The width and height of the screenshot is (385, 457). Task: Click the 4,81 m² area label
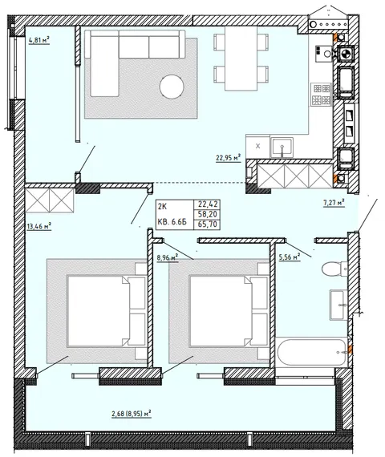click(38, 40)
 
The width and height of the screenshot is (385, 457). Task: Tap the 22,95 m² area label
click(228, 158)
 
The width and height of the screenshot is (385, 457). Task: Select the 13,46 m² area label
click(39, 226)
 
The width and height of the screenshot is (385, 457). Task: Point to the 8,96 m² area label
click(168, 257)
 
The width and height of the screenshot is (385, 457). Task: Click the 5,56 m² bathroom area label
click(290, 257)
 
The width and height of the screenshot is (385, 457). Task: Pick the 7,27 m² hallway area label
click(334, 203)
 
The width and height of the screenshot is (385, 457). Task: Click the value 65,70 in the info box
click(208, 224)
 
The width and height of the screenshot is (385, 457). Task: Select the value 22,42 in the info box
click(208, 204)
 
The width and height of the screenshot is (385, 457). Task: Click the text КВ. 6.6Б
click(172, 222)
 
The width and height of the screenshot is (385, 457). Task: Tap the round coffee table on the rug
click(172, 87)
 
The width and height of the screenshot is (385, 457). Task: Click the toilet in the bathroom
click(334, 268)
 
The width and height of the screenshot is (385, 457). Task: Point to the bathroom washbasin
click(338, 305)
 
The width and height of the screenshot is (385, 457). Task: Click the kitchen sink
click(282, 147)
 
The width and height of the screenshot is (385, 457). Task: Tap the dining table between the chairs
click(241, 59)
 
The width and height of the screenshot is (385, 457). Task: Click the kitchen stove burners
click(321, 95)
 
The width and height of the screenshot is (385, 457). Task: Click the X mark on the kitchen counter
click(257, 146)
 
